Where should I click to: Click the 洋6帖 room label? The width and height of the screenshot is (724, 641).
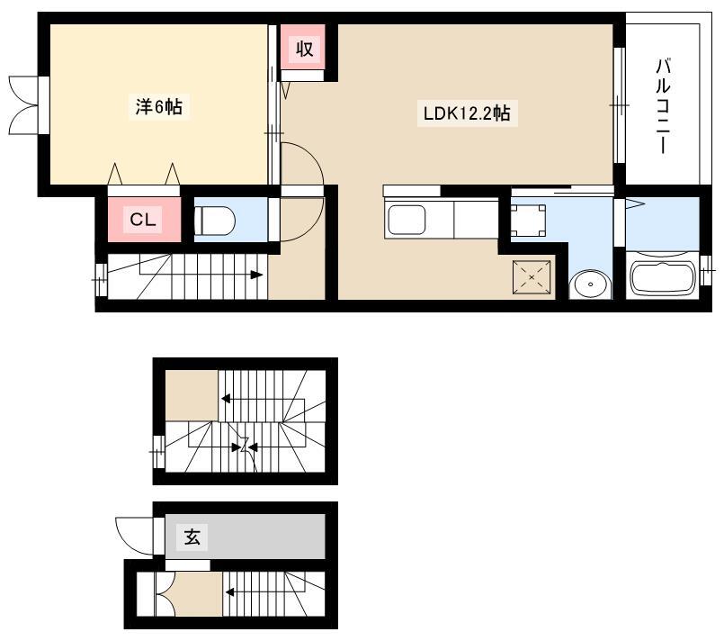(158, 107)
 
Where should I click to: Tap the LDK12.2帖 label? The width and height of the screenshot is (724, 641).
(467, 113)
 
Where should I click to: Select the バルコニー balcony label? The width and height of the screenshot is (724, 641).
(663, 106)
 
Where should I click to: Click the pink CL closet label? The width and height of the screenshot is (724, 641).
(143, 219)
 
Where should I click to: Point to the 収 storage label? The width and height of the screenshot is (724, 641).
(304, 49)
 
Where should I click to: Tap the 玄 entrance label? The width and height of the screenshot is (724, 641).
(192, 537)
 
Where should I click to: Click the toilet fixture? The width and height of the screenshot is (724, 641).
(215, 220)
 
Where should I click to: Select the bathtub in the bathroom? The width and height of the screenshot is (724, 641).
(662, 279)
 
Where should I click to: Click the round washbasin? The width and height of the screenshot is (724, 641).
(590, 284)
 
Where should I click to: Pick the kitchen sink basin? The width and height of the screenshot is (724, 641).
(407, 220)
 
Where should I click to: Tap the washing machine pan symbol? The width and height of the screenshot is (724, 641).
(529, 221)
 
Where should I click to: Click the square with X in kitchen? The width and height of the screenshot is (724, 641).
(532, 276)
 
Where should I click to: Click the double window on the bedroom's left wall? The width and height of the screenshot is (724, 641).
(29, 105)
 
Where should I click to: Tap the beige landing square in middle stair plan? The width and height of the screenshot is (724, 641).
(192, 395)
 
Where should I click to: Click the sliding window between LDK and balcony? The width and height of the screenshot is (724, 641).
(619, 105)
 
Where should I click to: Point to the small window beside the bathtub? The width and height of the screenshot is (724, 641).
(705, 270)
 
